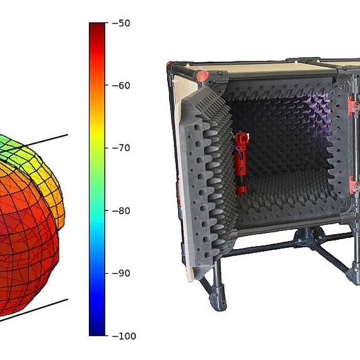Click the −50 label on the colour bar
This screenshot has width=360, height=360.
121,23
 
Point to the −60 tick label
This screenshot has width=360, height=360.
121,86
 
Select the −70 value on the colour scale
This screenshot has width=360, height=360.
121,148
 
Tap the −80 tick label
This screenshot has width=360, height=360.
121,211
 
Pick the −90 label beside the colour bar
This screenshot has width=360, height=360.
121,273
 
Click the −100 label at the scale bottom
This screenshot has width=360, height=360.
124,336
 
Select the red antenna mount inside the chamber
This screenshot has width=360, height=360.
241,163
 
